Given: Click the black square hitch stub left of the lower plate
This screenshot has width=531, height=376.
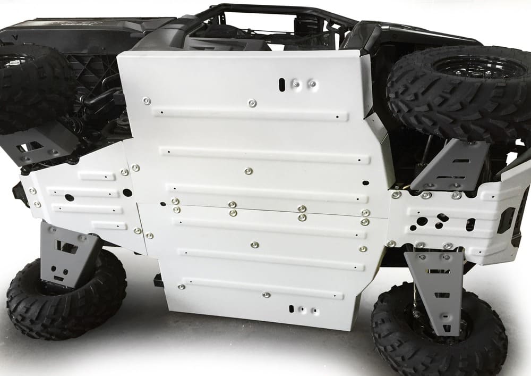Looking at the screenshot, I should click(x=158, y=280).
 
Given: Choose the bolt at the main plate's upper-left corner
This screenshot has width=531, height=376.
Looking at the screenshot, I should click(x=146, y=100).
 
